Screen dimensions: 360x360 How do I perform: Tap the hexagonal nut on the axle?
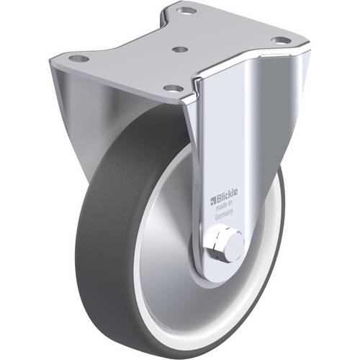coord(218,245)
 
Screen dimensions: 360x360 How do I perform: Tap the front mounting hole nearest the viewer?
coord(172,88)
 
